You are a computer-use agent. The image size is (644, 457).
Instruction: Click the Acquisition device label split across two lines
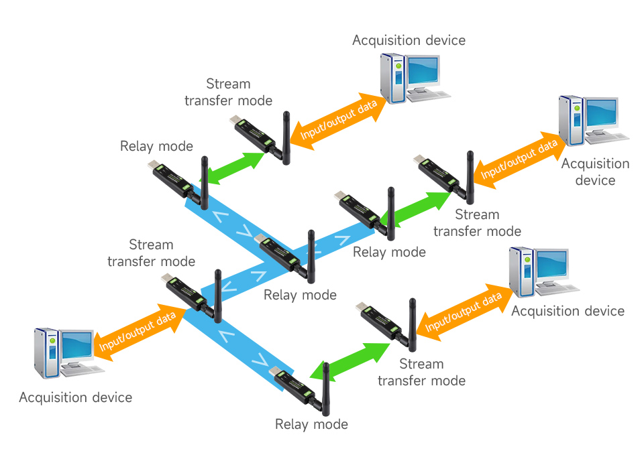click(x=595, y=172)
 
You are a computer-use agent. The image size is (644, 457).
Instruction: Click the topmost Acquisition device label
click(x=409, y=40)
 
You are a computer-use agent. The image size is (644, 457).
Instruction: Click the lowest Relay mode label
click(x=311, y=424)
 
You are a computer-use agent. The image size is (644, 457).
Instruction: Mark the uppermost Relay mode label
click(x=156, y=146)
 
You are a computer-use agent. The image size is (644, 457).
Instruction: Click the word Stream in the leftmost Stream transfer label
click(x=151, y=245)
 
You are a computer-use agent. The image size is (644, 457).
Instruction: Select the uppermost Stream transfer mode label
click(x=228, y=92)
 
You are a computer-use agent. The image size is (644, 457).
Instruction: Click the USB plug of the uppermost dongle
click(x=236, y=121)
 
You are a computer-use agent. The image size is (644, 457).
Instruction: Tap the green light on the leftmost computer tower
click(x=52, y=340)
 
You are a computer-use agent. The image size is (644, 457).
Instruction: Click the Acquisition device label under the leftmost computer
click(x=75, y=397)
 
